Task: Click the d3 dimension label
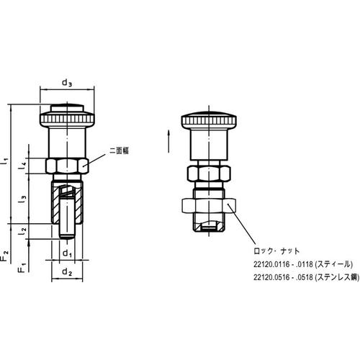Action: coord(67,83)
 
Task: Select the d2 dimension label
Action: coord(66,272)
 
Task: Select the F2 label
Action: coord(6,253)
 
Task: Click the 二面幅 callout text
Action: coord(118,151)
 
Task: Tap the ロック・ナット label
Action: coord(269,251)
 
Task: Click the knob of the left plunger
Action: coord(66,115)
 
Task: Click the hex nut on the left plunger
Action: coord(66,165)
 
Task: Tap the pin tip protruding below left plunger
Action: coord(66,231)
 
